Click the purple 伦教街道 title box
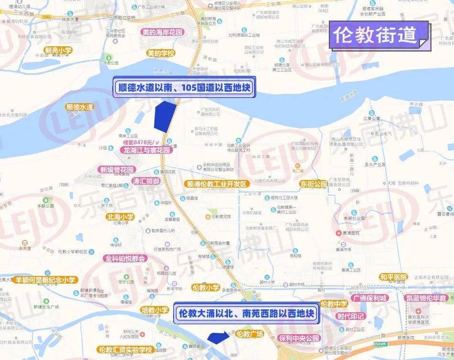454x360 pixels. coord(376,34)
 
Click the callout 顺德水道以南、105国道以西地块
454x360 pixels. coord(184,88)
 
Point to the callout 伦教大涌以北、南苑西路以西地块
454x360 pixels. coord(246,314)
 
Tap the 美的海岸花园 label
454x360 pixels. coord(162,32)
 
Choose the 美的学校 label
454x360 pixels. coord(161,53)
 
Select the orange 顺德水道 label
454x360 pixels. coord(80,107)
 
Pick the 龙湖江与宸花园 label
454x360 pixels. coord(146,150)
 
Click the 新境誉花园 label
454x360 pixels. coord(117,169)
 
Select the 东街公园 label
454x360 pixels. coord(313,184)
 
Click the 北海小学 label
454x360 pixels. coord(120,217)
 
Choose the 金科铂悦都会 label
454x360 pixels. coord(124,258)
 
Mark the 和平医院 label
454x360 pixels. coord(393,277)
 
